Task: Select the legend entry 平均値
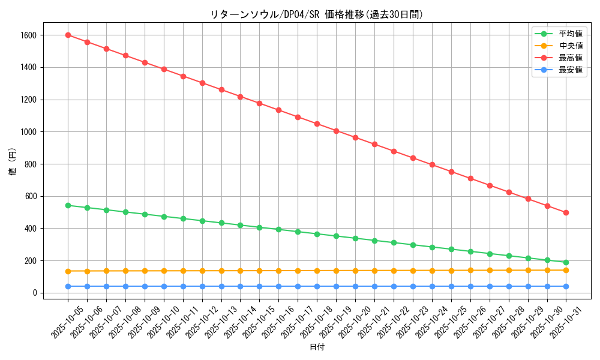[x=570, y=34]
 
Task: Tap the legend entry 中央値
[x=570, y=46]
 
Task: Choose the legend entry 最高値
[x=570, y=58]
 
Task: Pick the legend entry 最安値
[x=570, y=70]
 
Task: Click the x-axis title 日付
[x=317, y=347]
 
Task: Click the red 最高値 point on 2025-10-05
[x=68, y=35]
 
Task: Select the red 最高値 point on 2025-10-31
[x=566, y=213]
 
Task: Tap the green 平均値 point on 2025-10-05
[x=68, y=205]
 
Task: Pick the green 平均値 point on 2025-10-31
[x=566, y=262]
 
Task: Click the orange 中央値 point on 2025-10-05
[x=68, y=271]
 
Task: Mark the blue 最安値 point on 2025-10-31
[x=566, y=286]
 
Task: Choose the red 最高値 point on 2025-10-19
[x=336, y=131]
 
